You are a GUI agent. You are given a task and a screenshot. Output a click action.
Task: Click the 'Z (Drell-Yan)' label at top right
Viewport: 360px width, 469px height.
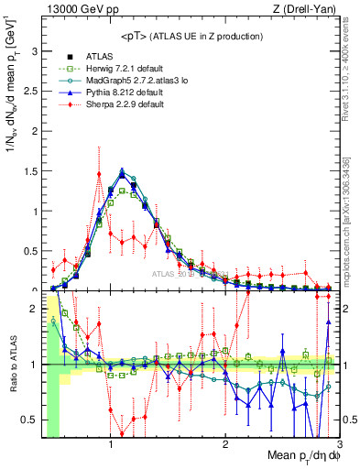coord(307,9)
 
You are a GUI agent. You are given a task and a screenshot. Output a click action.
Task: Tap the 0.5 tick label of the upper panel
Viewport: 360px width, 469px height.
coord(32,249)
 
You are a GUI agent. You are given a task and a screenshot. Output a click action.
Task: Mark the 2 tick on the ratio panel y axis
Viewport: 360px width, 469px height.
coord(36,309)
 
